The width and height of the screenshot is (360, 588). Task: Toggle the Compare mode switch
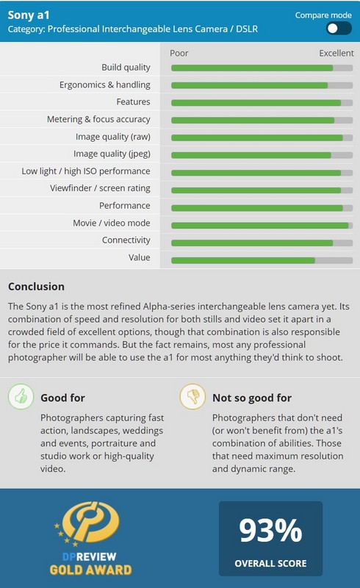click(339, 29)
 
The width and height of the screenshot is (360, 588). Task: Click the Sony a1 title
click(29, 15)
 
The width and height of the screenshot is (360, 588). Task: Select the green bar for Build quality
click(252, 68)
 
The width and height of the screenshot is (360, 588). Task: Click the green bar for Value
click(243, 260)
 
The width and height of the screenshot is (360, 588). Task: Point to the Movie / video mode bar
click(260, 226)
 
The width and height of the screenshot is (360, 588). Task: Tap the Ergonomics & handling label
click(104, 85)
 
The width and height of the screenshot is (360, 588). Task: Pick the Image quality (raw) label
click(113, 137)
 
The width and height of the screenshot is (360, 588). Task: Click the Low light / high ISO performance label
click(86, 171)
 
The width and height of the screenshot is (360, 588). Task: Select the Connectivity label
click(126, 240)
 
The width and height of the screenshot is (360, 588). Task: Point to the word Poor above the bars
click(179, 53)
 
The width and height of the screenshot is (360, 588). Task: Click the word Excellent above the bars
click(336, 53)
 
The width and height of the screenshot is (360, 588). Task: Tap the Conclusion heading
click(37, 287)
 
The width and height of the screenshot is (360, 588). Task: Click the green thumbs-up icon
click(21, 396)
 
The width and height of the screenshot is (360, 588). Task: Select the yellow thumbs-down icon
click(192, 396)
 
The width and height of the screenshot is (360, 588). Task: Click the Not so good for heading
click(252, 398)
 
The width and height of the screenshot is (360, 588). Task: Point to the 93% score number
click(270, 530)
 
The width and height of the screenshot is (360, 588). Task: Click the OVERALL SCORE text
click(271, 563)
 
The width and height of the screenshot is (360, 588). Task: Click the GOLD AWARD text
click(91, 570)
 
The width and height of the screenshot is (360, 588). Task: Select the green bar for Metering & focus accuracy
click(253, 120)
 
